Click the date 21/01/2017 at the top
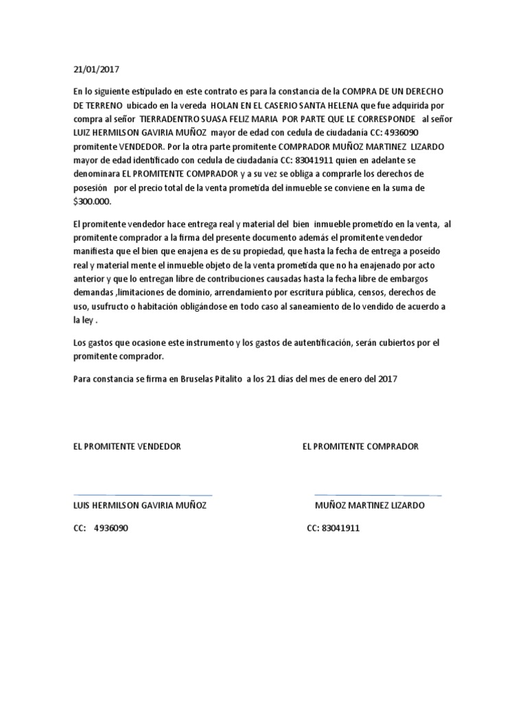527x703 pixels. click(95, 69)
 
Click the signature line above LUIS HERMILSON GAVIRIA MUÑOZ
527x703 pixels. click(142, 494)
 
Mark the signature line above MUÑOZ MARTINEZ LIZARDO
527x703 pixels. click(377, 494)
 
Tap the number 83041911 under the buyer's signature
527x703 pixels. click(340, 529)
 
